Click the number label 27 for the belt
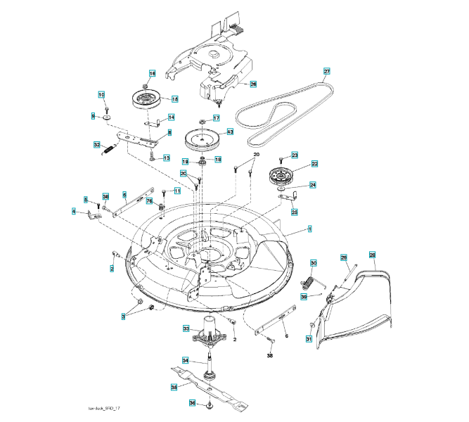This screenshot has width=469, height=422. (x=326, y=71)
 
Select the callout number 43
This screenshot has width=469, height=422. (x=230, y=132)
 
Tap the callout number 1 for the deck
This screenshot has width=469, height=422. (x=310, y=229)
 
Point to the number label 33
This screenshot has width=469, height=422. (x=186, y=328)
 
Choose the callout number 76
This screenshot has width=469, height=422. (x=149, y=201)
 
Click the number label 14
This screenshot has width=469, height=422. (x=171, y=117)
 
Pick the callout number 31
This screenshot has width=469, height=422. (x=308, y=340)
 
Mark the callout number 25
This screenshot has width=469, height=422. (x=295, y=211)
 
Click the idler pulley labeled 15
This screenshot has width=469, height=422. (x=147, y=101)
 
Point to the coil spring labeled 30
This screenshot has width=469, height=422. (x=307, y=283)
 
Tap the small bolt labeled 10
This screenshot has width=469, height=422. (x=105, y=109)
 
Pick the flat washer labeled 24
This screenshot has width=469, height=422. (x=282, y=189)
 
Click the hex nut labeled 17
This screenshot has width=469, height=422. (x=203, y=121)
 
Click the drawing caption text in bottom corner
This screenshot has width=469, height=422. (x=105, y=409)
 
